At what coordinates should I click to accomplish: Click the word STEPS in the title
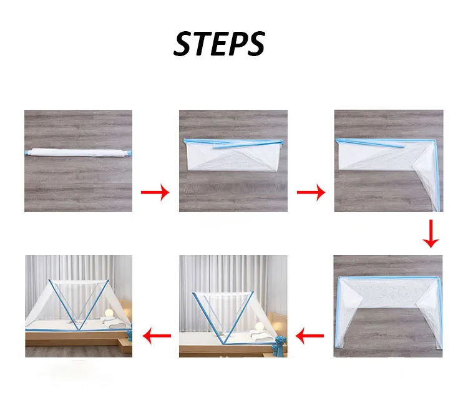point(219,44)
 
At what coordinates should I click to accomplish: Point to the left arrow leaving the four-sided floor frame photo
point(310,338)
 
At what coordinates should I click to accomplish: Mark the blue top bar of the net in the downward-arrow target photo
point(388,277)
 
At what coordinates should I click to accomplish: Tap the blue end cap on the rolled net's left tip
point(29,152)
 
